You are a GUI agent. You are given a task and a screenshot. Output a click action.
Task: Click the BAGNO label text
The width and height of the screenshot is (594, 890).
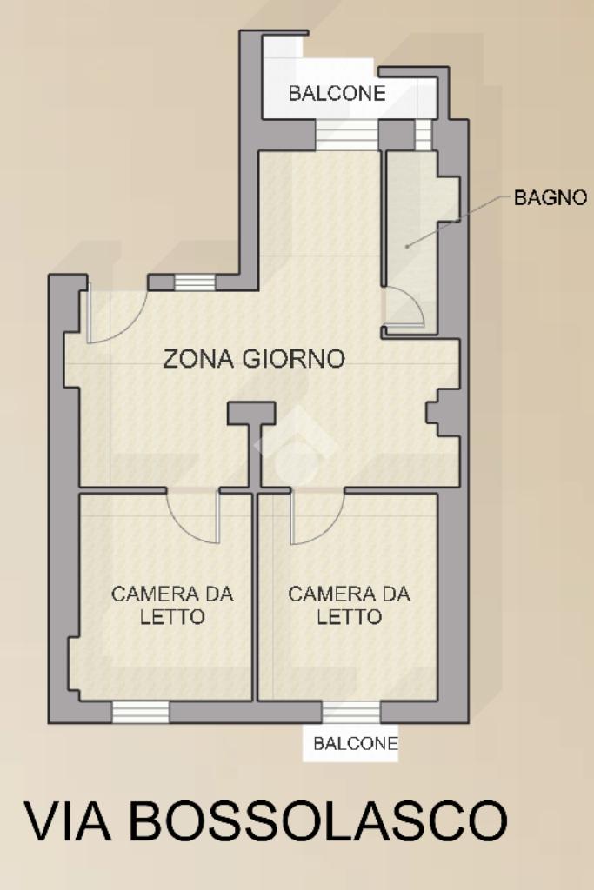pos(550,197)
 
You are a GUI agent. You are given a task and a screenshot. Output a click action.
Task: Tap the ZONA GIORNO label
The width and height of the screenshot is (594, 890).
pos(254,359)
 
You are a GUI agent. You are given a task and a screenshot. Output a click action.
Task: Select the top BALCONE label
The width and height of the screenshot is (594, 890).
pos(337,93)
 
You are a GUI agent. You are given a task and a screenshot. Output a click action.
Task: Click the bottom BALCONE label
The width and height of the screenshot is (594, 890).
pos(356,743)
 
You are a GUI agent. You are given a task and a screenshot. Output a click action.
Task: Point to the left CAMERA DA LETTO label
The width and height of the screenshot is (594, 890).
pos(172,605)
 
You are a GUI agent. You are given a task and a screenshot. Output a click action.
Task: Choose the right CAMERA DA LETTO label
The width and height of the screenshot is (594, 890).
pos(350,605)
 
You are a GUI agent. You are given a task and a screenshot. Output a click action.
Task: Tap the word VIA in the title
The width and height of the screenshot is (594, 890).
pos(67,821)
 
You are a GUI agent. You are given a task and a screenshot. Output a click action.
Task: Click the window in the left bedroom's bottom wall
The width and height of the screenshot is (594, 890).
pos(140,712)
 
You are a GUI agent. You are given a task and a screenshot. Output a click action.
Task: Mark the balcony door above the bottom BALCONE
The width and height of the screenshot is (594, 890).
pos(351,712)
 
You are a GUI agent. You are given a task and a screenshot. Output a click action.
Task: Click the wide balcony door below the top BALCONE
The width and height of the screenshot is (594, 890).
pos(347,135)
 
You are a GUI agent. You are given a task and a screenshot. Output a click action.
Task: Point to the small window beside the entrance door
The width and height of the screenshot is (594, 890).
pos(195,282)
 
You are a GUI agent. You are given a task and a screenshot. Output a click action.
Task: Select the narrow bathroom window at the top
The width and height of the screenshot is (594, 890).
pos(424,135)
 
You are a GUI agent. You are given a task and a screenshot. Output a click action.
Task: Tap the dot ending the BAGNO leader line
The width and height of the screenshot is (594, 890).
pos(407,246)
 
